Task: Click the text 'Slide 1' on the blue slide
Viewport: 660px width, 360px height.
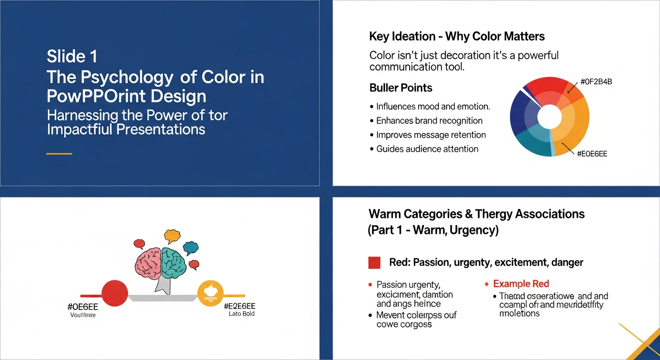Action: tap(72, 57)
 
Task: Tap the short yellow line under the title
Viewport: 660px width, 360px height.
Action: tap(59, 154)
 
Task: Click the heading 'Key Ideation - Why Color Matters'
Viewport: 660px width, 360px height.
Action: tap(457, 37)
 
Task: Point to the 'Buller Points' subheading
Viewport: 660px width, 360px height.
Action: tap(401, 88)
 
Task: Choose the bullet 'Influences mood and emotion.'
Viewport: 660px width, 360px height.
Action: tap(433, 106)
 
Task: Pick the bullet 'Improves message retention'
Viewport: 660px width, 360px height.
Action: tap(431, 135)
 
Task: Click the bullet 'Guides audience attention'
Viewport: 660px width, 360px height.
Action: tap(427, 149)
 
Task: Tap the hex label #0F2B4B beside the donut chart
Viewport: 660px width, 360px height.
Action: tap(596, 82)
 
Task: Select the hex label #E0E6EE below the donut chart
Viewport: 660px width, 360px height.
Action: tap(592, 154)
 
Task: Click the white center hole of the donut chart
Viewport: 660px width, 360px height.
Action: tap(549, 117)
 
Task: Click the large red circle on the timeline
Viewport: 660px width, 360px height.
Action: tap(114, 293)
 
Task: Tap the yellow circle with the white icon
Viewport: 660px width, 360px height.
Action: tap(210, 293)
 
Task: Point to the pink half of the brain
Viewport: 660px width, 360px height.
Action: tap(148, 262)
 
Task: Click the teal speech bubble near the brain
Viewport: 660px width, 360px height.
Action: tap(190, 247)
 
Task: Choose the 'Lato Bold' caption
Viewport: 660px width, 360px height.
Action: tap(241, 314)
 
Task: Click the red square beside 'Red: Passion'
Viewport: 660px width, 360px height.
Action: tap(374, 262)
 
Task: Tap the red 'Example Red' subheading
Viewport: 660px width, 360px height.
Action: tap(520, 284)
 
